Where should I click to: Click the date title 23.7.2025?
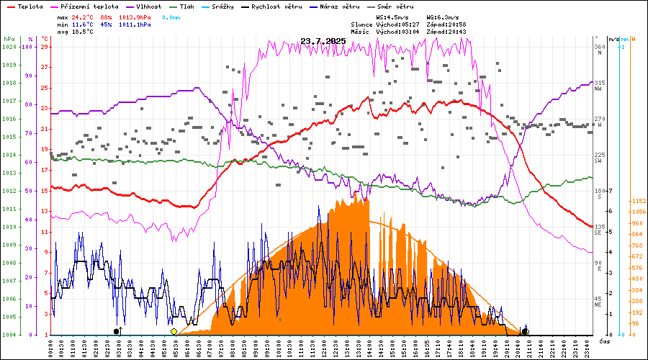pyautogui.click(x=323, y=41)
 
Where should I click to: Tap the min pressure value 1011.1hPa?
pyautogui.click(x=135, y=24)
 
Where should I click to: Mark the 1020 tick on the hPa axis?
pyautogui.click(x=9, y=47)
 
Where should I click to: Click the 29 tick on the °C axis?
pyautogui.click(x=45, y=47)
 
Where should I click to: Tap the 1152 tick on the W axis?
pyautogui.click(x=638, y=201)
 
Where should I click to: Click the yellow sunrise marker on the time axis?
pyautogui.click(x=174, y=331)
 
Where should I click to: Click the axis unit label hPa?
pyautogui.click(x=9, y=38)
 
